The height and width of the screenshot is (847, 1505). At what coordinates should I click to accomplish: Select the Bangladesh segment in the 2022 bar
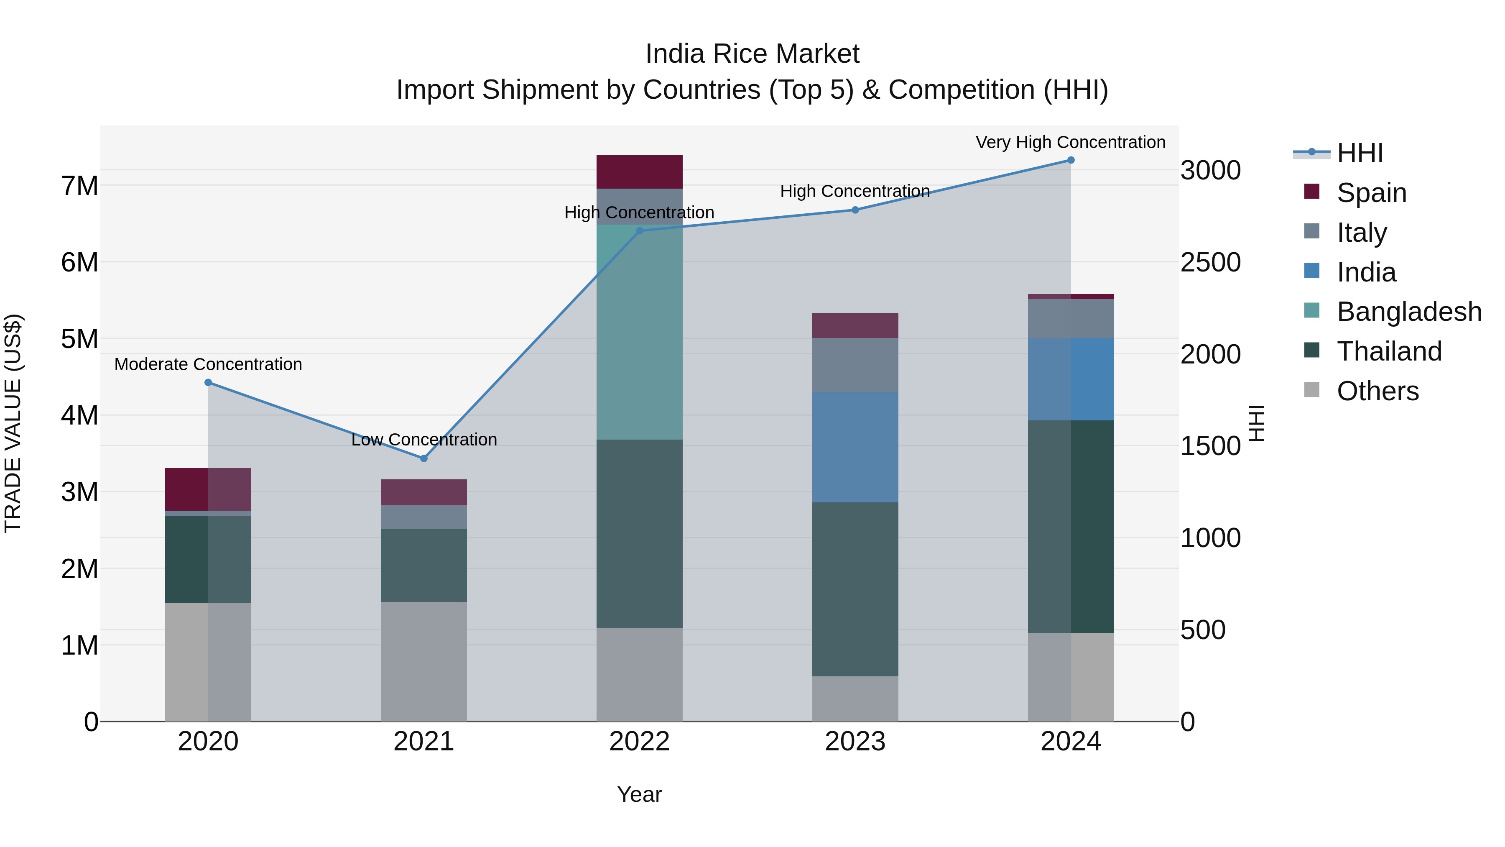coord(639,333)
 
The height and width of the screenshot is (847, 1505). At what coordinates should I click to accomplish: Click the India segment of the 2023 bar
coord(855,447)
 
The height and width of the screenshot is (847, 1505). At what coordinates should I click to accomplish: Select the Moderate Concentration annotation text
coord(208,364)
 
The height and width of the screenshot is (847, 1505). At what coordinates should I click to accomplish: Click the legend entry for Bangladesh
coord(1408,312)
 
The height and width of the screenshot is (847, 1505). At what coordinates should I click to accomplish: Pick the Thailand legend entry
coord(1389,351)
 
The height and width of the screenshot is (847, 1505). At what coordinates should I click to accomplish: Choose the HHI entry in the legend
coord(1359,153)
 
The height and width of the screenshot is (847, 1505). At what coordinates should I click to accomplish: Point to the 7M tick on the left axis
coord(79,186)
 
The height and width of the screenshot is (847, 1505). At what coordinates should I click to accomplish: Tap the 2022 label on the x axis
coord(639,742)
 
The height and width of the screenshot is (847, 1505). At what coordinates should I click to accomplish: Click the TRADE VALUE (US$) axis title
coord(13,423)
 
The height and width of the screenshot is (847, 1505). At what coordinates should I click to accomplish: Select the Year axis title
coord(639,794)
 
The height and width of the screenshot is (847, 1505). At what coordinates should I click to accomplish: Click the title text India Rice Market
coord(752,54)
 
